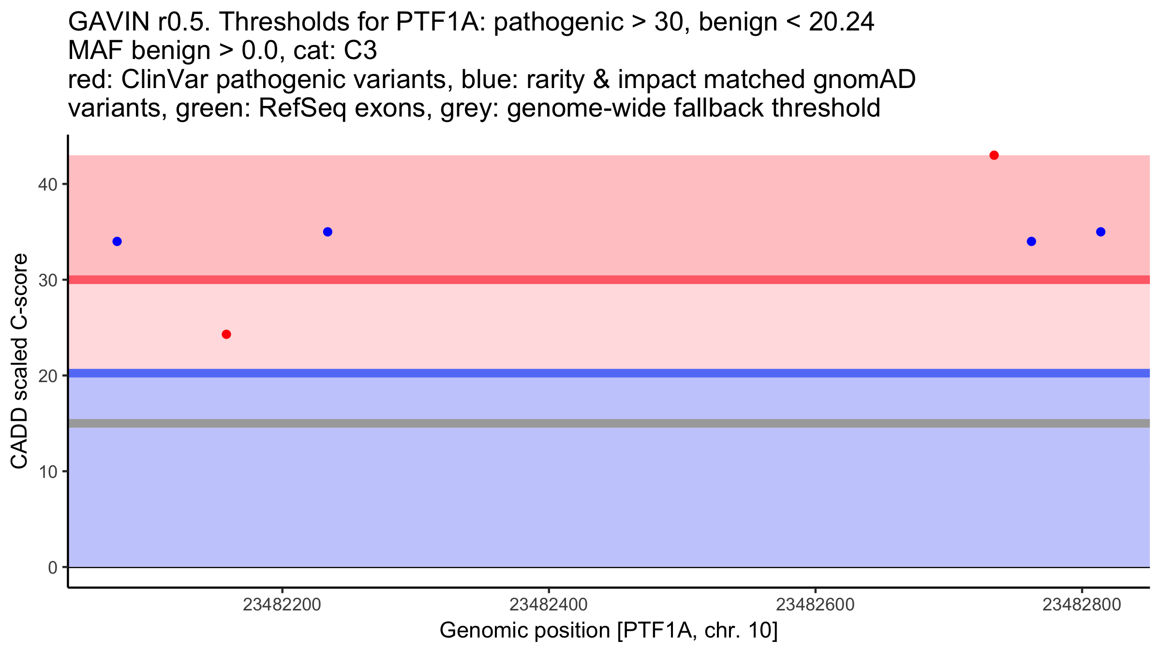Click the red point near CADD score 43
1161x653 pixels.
click(x=994, y=155)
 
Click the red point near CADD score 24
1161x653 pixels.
click(x=226, y=334)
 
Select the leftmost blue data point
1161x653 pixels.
click(x=117, y=241)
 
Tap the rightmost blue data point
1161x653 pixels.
click(x=1101, y=232)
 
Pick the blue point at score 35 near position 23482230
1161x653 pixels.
click(x=327, y=232)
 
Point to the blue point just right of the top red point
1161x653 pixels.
click(x=1031, y=241)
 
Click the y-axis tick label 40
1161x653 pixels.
click(x=47, y=185)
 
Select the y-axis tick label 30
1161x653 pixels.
click(x=47, y=281)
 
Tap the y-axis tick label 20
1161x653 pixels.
click(x=47, y=376)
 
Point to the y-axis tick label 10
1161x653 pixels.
click(x=47, y=472)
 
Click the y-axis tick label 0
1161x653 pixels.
click(x=53, y=567)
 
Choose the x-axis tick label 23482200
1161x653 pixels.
click(x=282, y=605)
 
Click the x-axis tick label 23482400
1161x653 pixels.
click(x=549, y=605)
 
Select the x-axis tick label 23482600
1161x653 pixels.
click(x=815, y=605)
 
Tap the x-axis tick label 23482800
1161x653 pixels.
click(x=1082, y=605)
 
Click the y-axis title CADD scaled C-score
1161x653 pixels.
click(x=19, y=361)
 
